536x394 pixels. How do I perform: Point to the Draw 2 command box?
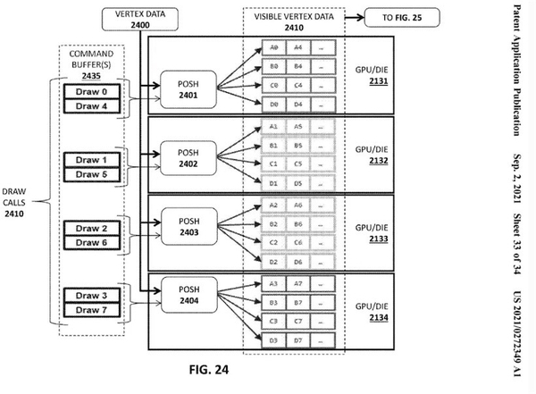coord(90,230)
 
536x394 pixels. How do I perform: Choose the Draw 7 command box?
coord(90,310)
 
